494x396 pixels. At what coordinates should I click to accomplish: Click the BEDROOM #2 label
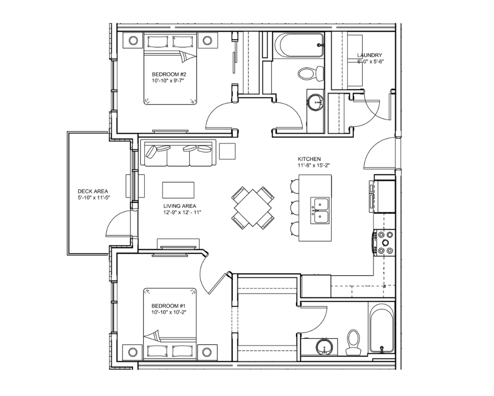pos(169,75)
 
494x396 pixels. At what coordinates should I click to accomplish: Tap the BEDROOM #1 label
pos(169,306)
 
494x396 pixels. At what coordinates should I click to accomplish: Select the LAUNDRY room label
pos(370,55)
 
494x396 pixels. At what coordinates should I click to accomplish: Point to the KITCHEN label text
pos(309,159)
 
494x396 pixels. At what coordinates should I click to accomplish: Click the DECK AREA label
pos(93,192)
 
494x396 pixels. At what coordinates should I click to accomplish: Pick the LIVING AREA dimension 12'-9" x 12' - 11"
pos(182,212)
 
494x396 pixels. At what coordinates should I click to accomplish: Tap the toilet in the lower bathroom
pos(353,343)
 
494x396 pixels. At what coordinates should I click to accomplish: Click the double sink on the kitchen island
pos(320,211)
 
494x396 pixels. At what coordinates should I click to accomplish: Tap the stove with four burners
pos(384,243)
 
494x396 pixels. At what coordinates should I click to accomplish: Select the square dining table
pos(252,208)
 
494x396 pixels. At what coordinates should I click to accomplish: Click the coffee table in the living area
pos(178,190)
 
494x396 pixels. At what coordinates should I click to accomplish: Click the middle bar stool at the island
pos(294,207)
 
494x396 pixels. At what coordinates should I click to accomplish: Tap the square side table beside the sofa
pos(227,151)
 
